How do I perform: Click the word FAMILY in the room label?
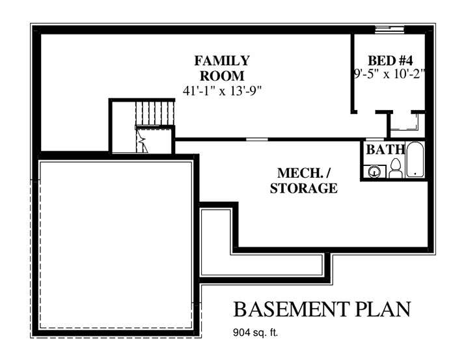(x=222, y=61)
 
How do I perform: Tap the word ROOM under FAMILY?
(x=222, y=76)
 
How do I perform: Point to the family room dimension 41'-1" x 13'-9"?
(x=222, y=90)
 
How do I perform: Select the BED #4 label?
(x=391, y=61)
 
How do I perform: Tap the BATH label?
(x=385, y=150)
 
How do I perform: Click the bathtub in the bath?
(x=415, y=159)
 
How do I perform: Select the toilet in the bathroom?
(x=395, y=169)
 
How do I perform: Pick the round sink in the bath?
(x=374, y=172)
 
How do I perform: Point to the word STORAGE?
(x=304, y=188)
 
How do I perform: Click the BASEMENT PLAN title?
(x=322, y=309)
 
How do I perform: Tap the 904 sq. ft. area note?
(x=256, y=333)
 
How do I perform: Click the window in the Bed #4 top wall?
(x=389, y=29)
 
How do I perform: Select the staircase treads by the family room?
(x=155, y=113)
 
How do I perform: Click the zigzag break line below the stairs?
(x=142, y=141)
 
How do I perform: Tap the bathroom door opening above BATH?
(x=374, y=139)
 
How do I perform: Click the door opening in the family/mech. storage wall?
(x=257, y=139)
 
